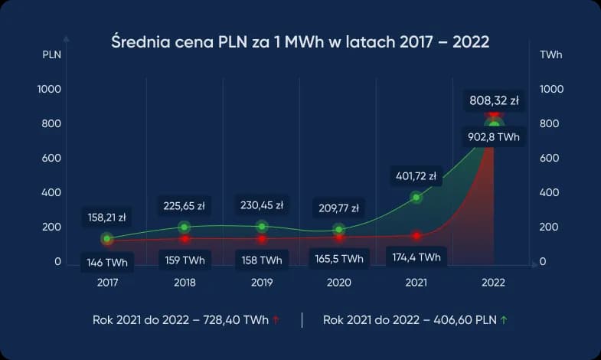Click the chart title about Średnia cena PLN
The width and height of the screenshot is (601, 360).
point(300,41)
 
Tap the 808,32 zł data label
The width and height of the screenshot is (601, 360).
point(494,100)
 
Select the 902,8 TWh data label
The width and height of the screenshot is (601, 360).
point(494,138)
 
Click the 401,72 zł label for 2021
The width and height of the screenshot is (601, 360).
point(415,175)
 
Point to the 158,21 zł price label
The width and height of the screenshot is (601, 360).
point(107,218)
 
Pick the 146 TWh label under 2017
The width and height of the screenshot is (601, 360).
point(107,263)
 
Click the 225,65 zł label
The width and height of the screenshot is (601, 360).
point(185,205)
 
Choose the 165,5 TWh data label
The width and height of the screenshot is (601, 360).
point(338,260)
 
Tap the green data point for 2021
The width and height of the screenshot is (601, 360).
point(416,198)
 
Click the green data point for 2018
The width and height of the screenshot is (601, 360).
point(185,227)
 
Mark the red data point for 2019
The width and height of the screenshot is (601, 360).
point(262,239)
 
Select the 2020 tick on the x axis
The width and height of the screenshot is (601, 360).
point(338,283)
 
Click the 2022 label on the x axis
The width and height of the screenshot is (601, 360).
point(493,283)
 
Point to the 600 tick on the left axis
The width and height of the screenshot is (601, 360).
point(50,159)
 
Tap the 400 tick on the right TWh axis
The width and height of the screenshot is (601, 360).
point(549,193)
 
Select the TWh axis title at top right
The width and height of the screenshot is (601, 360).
point(550,55)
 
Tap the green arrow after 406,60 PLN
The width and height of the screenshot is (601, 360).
point(503,320)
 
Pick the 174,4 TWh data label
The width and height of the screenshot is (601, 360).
point(416,257)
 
